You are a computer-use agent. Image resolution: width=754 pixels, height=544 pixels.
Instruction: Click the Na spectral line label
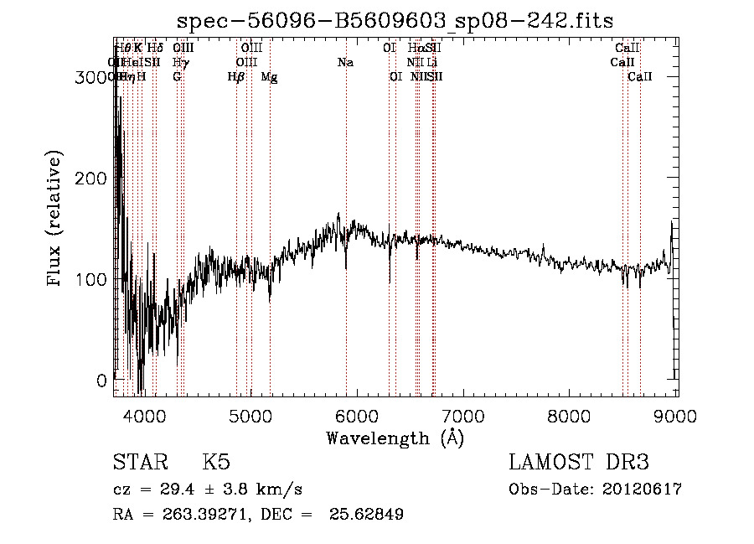(x=345, y=62)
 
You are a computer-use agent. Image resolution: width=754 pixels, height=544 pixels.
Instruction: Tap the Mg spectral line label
(x=270, y=76)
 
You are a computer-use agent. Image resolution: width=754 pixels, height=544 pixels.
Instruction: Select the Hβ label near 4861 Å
(x=236, y=76)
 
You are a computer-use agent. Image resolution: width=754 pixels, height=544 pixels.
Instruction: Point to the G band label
(x=177, y=76)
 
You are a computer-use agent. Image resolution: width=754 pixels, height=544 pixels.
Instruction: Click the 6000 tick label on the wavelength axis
(x=357, y=415)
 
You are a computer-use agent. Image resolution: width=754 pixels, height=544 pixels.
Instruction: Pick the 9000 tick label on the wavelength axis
(x=676, y=415)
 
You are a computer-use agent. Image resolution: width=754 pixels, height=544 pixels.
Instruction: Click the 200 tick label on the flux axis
(x=90, y=178)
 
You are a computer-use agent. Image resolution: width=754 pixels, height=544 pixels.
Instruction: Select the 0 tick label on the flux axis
(x=101, y=380)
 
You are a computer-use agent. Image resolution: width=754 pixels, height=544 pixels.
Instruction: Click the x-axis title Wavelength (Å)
(x=395, y=438)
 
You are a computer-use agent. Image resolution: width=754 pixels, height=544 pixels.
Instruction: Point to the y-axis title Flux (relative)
(x=56, y=220)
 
